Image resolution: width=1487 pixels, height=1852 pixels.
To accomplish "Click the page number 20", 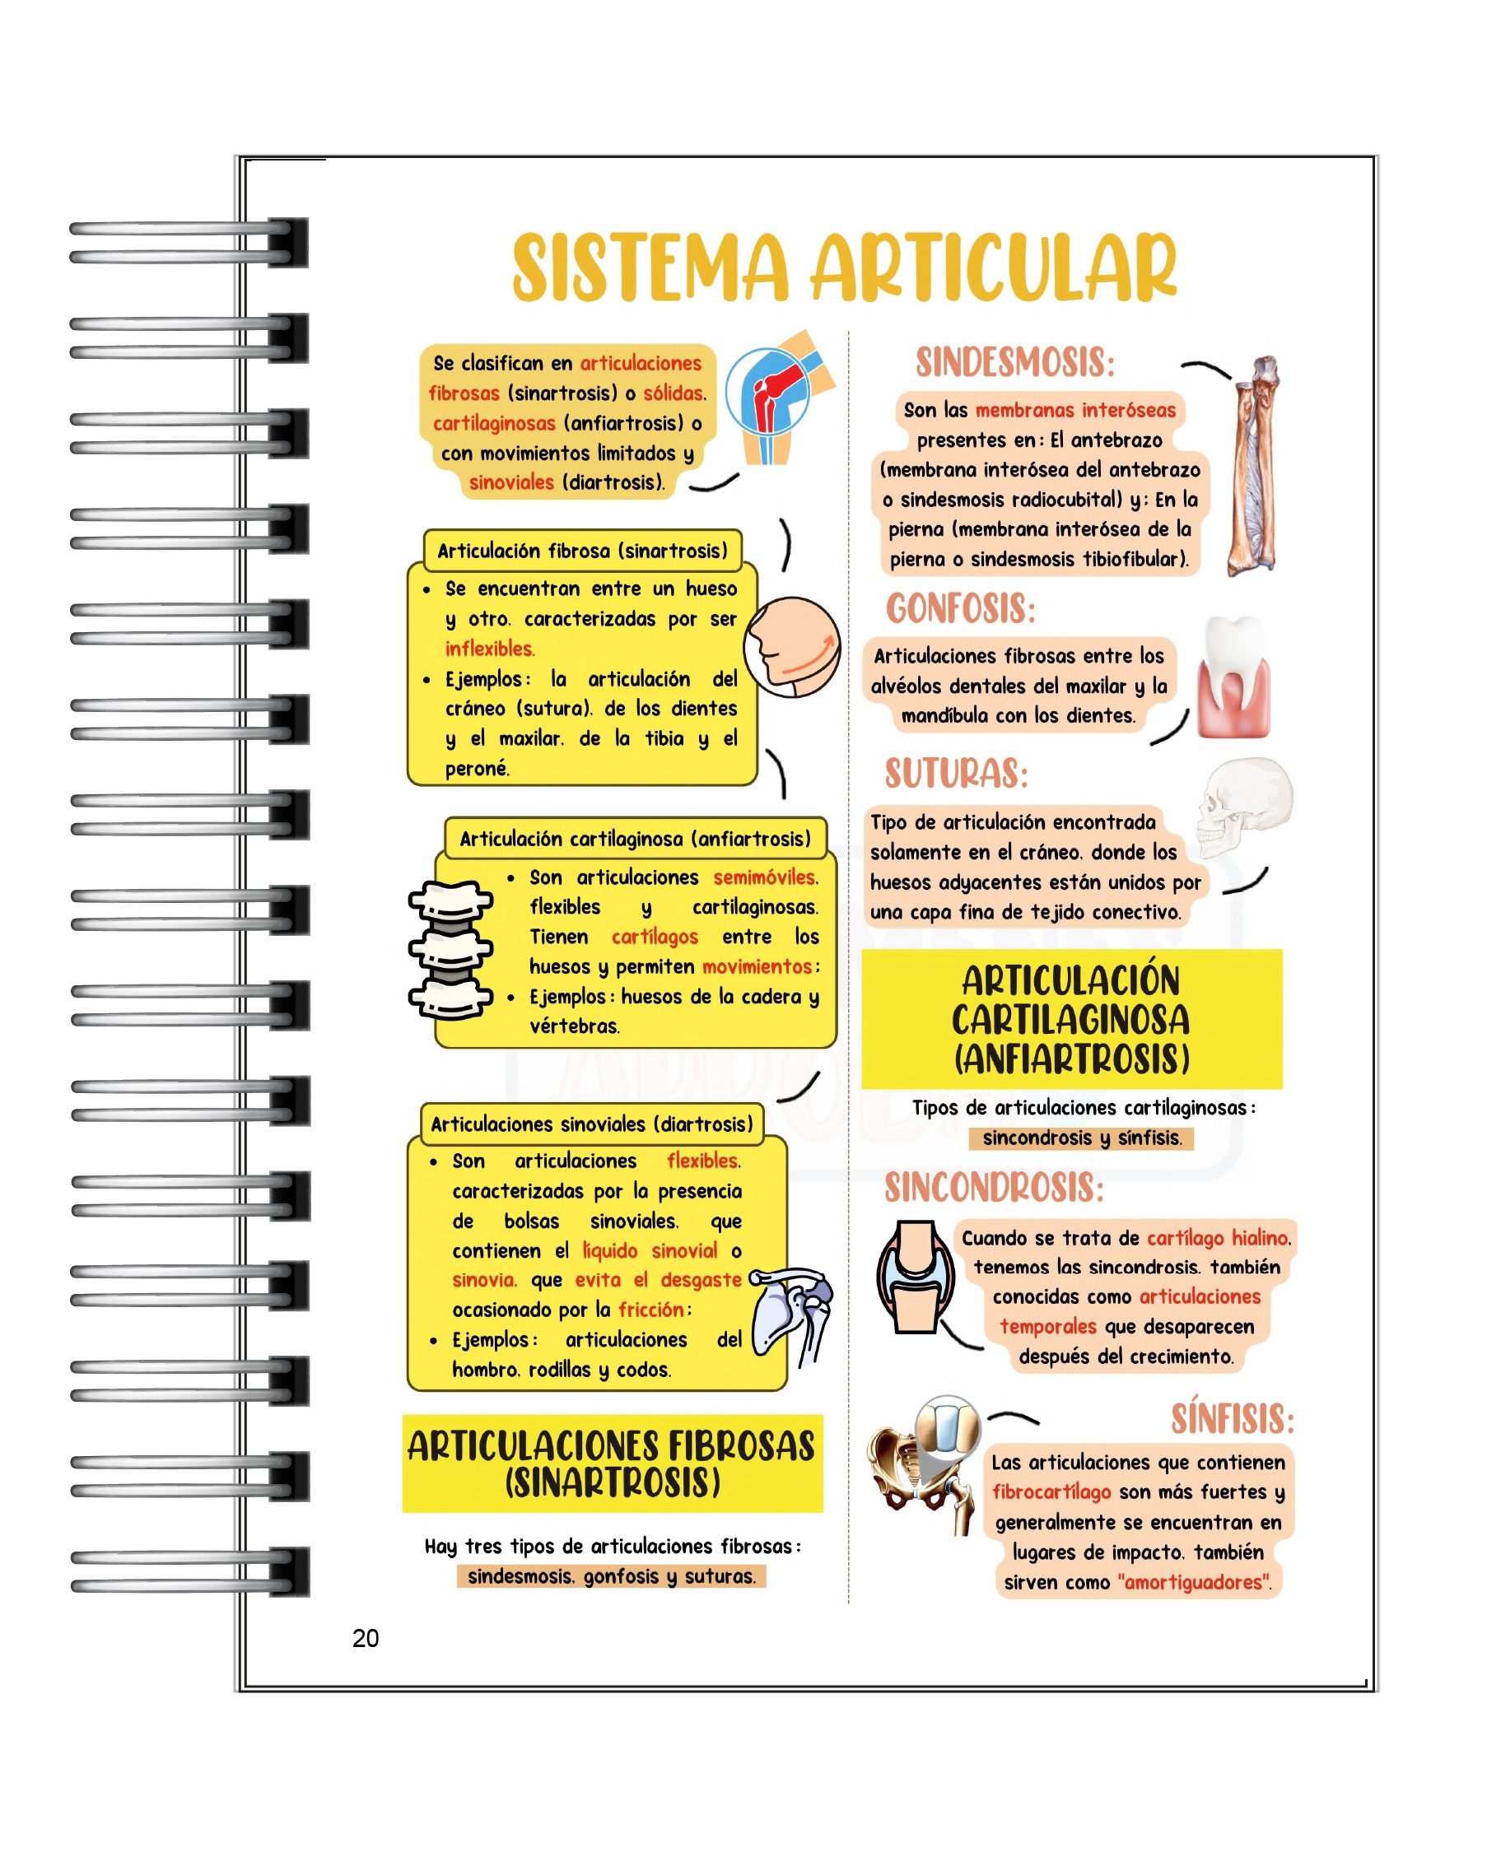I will point(365,1638).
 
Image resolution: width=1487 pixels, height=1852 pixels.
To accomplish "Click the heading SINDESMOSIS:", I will point(1014,362).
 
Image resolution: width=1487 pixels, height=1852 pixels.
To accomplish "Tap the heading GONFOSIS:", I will point(960,609).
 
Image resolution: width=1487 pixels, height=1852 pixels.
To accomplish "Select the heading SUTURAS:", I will point(956,773).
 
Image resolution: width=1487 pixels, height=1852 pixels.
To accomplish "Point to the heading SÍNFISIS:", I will point(1232,1418).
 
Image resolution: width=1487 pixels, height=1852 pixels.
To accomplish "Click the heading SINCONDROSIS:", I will point(994,1188).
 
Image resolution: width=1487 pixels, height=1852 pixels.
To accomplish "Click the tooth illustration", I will point(1233,677).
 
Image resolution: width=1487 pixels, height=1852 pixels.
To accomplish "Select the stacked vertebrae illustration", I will point(450,950).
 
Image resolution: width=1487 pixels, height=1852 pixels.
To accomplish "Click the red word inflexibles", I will point(490,649).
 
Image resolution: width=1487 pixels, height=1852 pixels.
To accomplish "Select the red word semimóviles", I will point(765,877).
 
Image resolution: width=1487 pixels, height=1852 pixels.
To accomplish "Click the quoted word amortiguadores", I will point(1194,1581).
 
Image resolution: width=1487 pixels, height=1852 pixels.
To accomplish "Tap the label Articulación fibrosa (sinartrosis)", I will point(581,551).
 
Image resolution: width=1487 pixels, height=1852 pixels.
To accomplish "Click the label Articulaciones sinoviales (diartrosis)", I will point(591,1124).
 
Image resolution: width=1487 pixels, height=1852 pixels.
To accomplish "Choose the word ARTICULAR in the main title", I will point(993,268).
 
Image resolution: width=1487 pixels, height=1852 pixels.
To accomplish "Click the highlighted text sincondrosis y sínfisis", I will point(1081,1138).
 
